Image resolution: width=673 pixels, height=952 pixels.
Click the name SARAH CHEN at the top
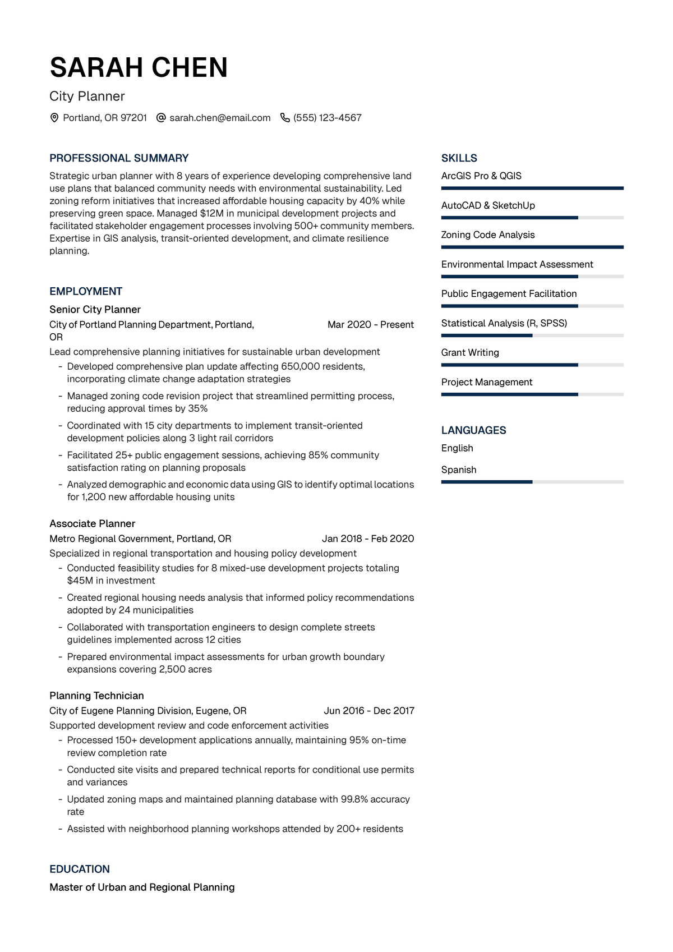point(139,68)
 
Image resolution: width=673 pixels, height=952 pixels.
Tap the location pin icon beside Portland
point(54,118)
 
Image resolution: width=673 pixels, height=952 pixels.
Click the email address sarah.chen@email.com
point(220,118)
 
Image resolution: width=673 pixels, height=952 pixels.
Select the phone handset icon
point(285,118)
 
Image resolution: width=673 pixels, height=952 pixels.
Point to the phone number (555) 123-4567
point(328,118)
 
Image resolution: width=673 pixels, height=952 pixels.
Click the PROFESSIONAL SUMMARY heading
point(119,158)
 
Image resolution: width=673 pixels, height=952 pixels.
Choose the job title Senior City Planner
point(95,310)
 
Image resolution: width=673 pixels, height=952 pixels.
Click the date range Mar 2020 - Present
point(371,325)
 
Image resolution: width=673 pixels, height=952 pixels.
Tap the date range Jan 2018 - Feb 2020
point(368,539)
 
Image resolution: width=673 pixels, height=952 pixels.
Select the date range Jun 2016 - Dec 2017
point(369,711)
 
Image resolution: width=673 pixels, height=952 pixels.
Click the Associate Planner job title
point(92,524)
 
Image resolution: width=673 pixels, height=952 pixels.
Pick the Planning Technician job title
point(96,696)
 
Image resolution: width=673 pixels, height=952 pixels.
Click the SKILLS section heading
point(459,158)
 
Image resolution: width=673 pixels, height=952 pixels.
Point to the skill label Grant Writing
point(470,353)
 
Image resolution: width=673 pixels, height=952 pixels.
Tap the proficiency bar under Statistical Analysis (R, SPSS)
point(532,335)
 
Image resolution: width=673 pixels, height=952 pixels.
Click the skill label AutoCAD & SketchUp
point(488,206)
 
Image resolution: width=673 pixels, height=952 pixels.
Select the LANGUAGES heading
point(473,430)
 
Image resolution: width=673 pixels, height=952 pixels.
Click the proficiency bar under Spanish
point(532,482)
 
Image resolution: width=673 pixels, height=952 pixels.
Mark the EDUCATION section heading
point(80,869)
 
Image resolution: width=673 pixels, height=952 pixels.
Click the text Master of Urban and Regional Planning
point(142,887)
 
